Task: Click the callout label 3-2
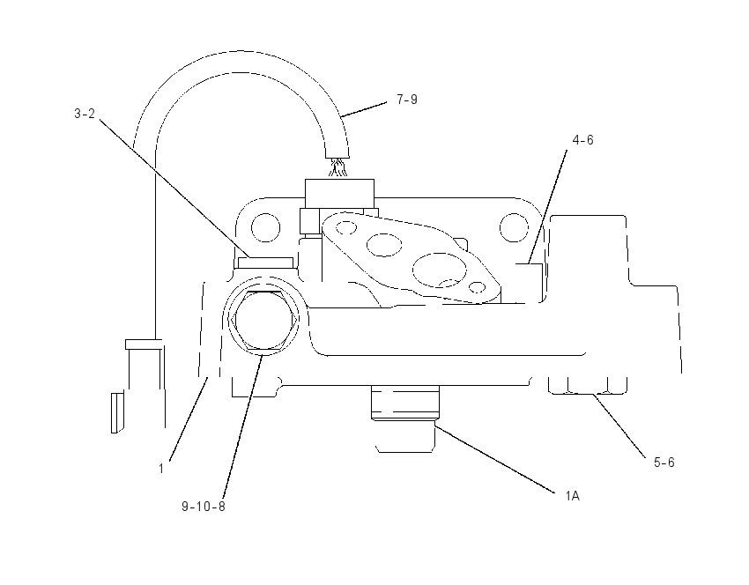pyautogui.click(x=85, y=115)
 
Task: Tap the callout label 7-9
pyautogui.click(x=407, y=100)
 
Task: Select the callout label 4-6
pyautogui.click(x=582, y=140)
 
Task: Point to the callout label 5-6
pyautogui.click(x=664, y=463)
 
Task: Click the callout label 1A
pyautogui.click(x=572, y=496)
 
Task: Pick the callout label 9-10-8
pyautogui.click(x=203, y=507)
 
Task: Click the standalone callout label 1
pyautogui.click(x=161, y=469)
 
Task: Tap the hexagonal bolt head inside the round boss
pyautogui.click(x=263, y=321)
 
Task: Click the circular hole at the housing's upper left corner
pyautogui.click(x=265, y=227)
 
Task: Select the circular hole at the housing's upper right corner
pyautogui.click(x=514, y=227)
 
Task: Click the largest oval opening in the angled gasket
pyautogui.click(x=440, y=270)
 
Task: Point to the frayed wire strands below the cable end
pyautogui.click(x=337, y=168)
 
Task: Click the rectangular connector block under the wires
pyautogui.click(x=339, y=194)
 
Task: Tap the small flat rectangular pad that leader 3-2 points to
pyautogui.click(x=265, y=263)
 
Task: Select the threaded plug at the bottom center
pyautogui.click(x=405, y=404)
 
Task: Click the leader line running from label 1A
pyautogui.click(x=495, y=456)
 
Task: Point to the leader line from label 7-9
pyautogui.click(x=364, y=109)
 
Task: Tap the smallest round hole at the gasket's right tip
pyautogui.click(x=478, y=287)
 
